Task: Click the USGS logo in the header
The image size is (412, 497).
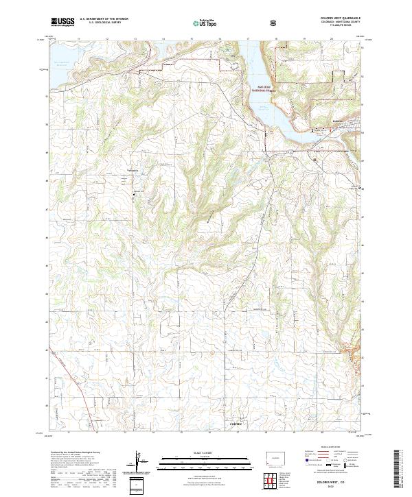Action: (62, 22)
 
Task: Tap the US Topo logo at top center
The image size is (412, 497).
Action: (204, 23)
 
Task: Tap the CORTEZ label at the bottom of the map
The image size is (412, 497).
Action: (236, 426)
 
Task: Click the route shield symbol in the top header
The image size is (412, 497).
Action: (275, 22)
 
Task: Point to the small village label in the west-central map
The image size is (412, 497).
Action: (133, 171)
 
